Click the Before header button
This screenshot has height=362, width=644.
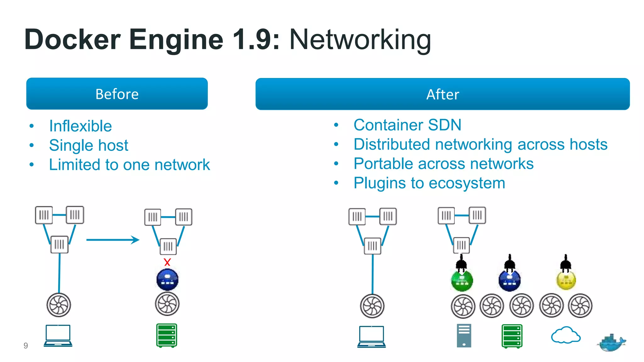pos(117,94)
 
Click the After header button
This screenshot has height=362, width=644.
pos(442,94)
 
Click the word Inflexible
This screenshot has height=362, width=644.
pos(80,126)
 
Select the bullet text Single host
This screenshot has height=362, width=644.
pos(89,145)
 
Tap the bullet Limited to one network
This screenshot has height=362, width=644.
pos(129,165)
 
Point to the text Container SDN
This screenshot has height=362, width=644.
pos(407,125)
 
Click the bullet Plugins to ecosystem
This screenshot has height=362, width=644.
pos(429,183)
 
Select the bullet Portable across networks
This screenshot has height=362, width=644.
pos(443,163)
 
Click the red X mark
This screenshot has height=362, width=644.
pos(167,262)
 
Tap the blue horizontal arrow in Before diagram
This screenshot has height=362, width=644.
pos(113,240)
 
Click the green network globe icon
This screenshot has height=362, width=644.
pos(462,281)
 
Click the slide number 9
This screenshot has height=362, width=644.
pos(26,346)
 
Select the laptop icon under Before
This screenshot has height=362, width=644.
pos(58,336)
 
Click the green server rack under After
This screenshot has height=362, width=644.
pos(512,336)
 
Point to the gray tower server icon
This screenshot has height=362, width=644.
pos(464,336)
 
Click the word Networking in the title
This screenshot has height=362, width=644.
pos(360,40)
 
